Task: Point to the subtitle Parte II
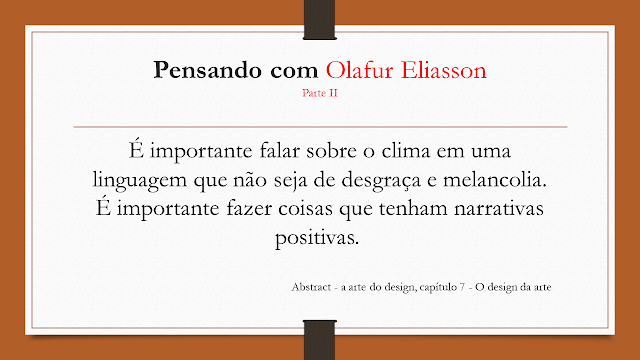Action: coord(319,94)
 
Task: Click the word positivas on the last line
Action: coord(319,241)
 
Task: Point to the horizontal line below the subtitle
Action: coord(320,128)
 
